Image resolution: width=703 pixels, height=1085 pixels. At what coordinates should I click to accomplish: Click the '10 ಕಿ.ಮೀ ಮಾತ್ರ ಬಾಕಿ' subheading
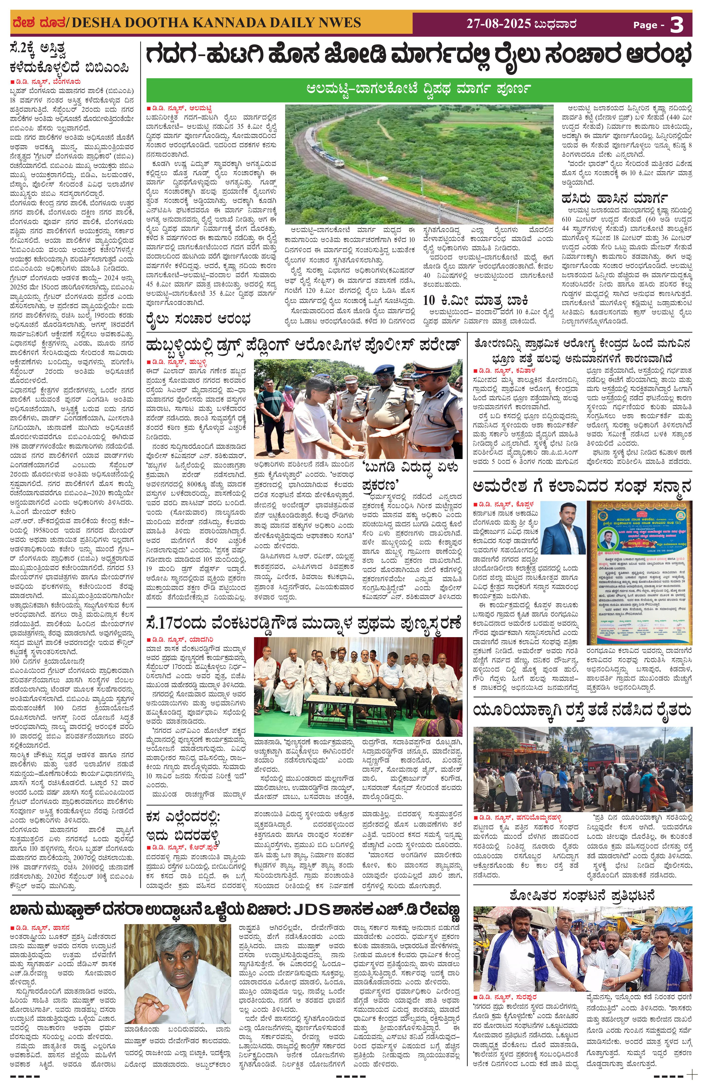click(475, 300)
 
